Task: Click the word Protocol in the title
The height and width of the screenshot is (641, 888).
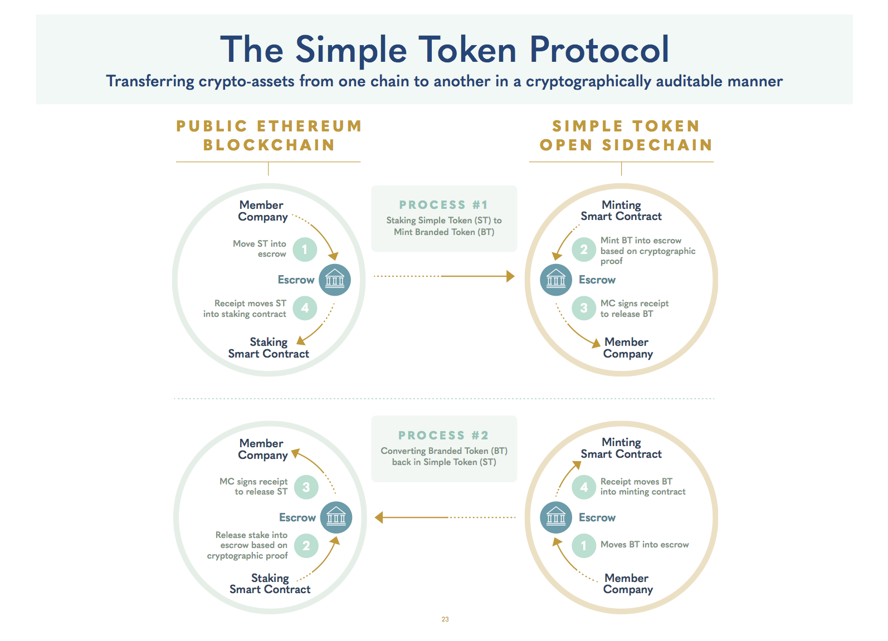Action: tap(599, 50)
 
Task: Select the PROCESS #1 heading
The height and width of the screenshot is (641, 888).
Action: tap(443, 205)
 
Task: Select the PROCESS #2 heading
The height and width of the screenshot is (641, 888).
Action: tap(443, 436)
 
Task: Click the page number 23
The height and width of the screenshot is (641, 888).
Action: tap(445, 619)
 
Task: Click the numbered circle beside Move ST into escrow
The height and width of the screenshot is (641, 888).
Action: tap(305, 249)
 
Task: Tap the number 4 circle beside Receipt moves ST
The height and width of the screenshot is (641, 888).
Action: tap(305, 308)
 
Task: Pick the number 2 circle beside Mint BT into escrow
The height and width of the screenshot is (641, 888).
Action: tap(584, 249)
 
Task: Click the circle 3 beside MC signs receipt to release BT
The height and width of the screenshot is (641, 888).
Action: tap(584, 308)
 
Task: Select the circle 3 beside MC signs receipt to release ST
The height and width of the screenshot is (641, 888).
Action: tap(306, 487)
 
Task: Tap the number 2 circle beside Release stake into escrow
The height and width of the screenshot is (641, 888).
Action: tap(306, 546)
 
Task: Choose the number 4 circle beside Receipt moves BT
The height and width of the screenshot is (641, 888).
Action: tap(584, 487)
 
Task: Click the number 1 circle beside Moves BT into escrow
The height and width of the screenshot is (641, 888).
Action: tap(584, 546)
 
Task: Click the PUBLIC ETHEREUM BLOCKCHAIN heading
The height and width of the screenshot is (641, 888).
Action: tap(269, 135)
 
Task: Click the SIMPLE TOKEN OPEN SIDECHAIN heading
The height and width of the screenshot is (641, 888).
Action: tap(626, 135)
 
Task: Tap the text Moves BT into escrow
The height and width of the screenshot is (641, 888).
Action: tap(645, 545)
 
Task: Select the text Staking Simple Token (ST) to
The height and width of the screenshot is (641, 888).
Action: tap(444, 221)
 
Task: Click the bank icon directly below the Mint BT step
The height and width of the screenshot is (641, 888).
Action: tap(556, 280)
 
